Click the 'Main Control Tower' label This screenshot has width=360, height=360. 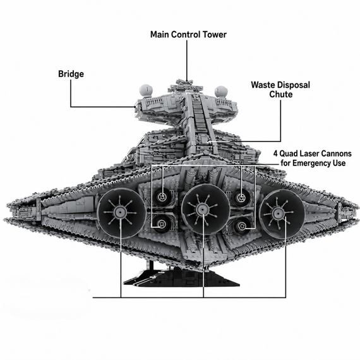[188, 35]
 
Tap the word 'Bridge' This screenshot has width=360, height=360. [71, 74]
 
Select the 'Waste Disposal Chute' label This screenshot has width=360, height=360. [280, 90]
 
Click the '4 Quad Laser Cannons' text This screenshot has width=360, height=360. [313, 153]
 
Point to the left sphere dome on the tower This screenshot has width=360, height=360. [147, 90]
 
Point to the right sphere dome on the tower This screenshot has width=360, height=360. [221, 92]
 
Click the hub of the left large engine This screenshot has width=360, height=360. [120, 211]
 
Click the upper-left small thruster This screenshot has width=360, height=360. [163, 197]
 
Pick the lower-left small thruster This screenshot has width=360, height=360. [162, 224]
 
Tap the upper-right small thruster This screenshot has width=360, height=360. [241, 197]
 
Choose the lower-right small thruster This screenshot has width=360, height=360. [243, 226]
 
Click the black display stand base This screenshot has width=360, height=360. [181, 279]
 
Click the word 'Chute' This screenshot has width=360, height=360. [281, 94]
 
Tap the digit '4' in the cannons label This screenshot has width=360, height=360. [275, 153]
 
